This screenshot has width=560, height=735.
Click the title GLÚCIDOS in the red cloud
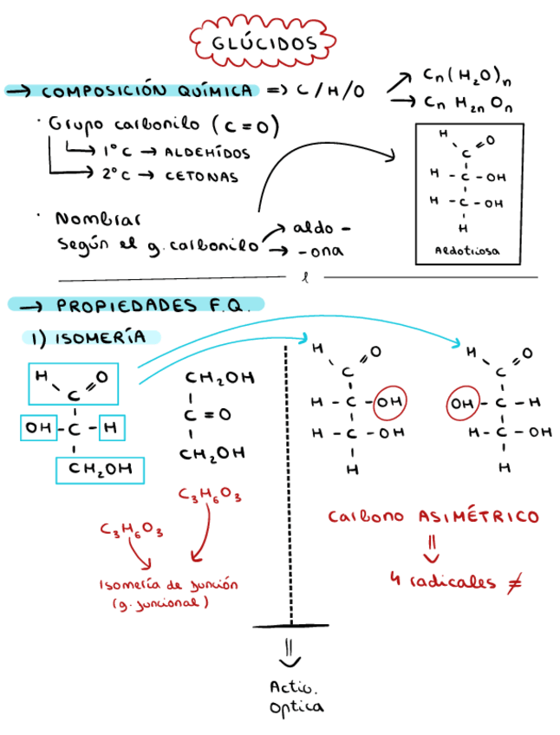(x=264, y=42)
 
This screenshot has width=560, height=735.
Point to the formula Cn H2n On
(x=468, y=103)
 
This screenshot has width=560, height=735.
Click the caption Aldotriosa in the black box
(x=468, y=252)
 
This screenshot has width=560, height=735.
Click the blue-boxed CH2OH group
(x=100, y=469)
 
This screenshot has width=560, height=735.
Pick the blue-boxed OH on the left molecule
(x=40, y=427)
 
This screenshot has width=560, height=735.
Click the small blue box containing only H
(x=113, y=427)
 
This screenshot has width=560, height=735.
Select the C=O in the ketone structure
(x=208, y=414)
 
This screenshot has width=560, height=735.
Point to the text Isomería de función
(x=168, y=584)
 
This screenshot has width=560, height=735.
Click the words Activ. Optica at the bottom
(x=295, y=697)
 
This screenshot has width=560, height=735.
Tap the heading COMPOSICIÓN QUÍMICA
(x=147, y=90)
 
